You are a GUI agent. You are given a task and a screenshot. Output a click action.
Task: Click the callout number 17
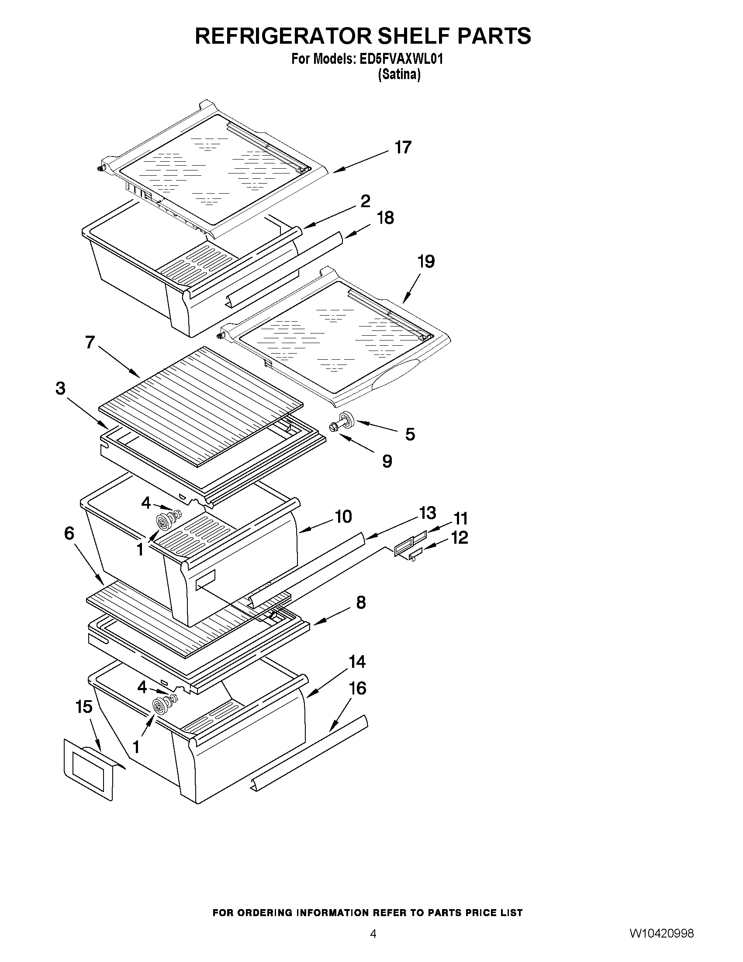click(x=402, y=147)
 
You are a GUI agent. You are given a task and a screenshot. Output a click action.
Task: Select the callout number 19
click(x=425, y=262)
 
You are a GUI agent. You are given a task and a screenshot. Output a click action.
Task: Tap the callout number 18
click(x=386, y=218)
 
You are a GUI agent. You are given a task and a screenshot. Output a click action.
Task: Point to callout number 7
click(x=90, y=342)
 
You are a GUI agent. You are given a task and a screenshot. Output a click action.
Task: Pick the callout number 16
click(x=357, y=688)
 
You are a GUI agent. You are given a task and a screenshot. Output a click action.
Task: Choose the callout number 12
click(x=460, y=538)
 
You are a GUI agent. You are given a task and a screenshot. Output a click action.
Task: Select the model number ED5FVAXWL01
click(x=401, y=59)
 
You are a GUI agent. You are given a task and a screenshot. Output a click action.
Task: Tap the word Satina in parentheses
click(x=399, y=75)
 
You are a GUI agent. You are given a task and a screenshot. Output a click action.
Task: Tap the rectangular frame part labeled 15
click(x=90, y=769)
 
